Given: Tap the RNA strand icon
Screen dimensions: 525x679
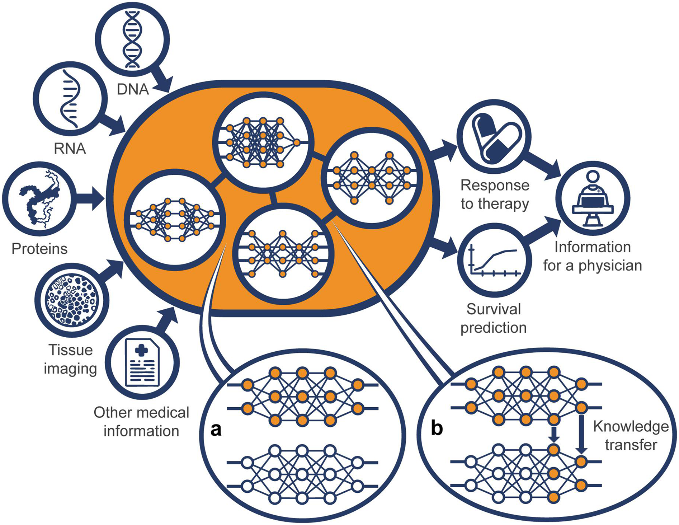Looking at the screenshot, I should pos(70,99).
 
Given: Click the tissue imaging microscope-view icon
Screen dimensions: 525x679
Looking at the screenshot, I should pos(72,300).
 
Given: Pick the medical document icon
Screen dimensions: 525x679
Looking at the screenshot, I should pos(142,363).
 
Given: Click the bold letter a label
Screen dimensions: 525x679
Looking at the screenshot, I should pos(216,429).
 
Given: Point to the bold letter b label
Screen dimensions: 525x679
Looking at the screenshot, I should pos(437,428).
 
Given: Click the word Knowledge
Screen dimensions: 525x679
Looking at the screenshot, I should pos(631,427).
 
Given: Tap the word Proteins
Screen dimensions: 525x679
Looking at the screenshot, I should pos(39,249).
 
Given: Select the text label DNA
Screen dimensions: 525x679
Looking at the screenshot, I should pos(133,89).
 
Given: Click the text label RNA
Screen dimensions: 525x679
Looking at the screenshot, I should pos(70,148).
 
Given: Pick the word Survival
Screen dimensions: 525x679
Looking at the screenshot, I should pos(494,309).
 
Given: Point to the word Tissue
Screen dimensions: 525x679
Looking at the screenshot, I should pos(70,350).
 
